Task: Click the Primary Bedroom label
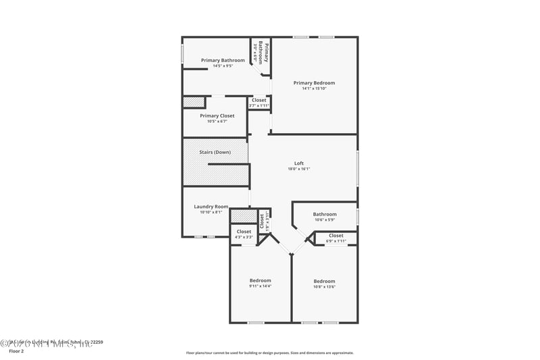point(314,83)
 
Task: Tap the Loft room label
point(298,163)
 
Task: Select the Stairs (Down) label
point(215,152)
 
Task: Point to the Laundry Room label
point(211,207)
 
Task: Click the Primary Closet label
point(217,115)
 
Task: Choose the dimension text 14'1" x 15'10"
point(314,88)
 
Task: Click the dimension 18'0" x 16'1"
point(298,169)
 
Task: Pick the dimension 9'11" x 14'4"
point(260,286)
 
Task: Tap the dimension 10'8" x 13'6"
point(324,286)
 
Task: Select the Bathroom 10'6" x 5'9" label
point(324,215)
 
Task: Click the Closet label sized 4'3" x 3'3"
point(244,232)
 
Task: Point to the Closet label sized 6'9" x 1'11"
point(335,236)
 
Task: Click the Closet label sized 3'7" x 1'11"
point(259,100)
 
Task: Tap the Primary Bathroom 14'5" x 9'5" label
point(223,60)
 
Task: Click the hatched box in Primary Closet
point(194,102)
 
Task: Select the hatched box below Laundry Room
point(243,216)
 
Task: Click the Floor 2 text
point(16,351)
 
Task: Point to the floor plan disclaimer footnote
point(269,353)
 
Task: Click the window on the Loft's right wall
point(357,168)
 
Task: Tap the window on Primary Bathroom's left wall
point(182,54)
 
